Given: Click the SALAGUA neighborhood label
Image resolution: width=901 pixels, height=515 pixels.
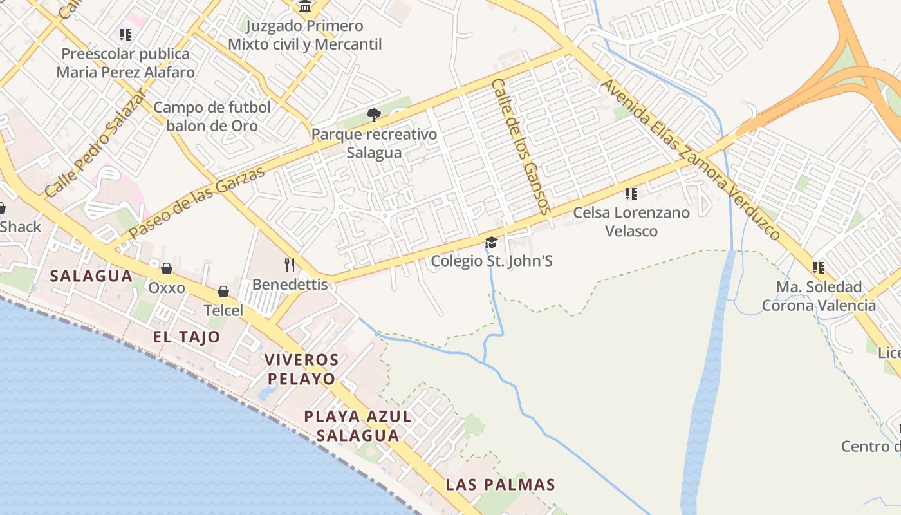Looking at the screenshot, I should [x=91, y=276].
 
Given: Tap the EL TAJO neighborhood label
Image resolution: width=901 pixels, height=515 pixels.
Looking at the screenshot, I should [x=187, y=337].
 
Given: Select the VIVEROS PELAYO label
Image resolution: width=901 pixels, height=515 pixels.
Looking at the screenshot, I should [x=301, y=369].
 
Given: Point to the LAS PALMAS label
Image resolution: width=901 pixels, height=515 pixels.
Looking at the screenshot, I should [x=500, y=484].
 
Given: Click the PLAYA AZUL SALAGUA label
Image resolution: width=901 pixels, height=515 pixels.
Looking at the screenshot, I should [x=358, y=426].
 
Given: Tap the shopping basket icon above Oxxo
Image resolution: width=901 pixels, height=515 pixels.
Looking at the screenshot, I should [x=167, y=268].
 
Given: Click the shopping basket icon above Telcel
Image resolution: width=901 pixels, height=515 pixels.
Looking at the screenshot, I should [x=223, y=292].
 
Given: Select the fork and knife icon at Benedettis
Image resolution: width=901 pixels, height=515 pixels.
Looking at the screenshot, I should [x=290, y=265].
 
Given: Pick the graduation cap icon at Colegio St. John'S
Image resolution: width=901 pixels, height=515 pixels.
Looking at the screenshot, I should [x=491, y=242].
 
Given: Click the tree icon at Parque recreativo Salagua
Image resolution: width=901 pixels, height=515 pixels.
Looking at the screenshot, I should [x=373, y=115].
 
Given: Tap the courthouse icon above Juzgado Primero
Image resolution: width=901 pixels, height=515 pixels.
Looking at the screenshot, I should [x=305, y=7].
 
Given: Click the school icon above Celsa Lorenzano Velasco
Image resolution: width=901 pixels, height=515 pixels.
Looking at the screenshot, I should [x=631, y=193].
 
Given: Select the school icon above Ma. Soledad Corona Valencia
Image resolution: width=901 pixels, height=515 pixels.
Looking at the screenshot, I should [x=819, y=267].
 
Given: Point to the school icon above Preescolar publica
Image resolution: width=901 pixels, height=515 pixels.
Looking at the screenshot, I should [x=125, y=34].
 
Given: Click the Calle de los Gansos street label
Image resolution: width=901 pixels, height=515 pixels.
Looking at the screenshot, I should [x=521, y=147].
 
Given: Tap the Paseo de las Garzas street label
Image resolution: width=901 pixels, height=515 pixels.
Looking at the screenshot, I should [x=197, y=203].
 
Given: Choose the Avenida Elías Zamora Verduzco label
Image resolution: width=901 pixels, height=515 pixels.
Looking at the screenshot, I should [x=691, y=160].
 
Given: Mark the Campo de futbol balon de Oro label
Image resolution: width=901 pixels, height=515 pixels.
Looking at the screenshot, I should [x=212, y=117].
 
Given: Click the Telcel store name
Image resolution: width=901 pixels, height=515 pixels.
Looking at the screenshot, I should [x=223, y=311].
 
